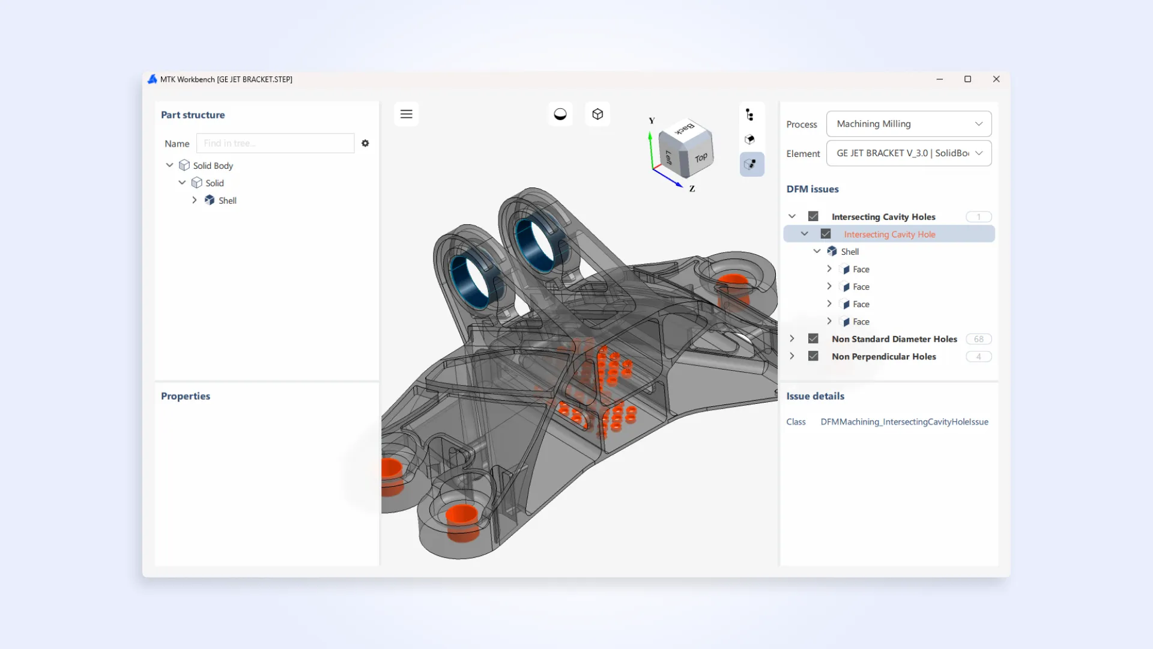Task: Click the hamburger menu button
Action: point(406,114)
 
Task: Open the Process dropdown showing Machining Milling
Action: point(909,124)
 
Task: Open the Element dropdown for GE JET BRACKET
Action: point(909,153)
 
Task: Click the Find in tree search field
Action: point(275,143)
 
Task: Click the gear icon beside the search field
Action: point(365,143)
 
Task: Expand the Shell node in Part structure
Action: point(195,200)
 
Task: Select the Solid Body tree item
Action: point(213,166)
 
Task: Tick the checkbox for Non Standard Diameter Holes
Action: point(813,339)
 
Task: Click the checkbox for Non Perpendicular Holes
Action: point(813,356)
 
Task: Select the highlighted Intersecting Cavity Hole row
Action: point(889,234)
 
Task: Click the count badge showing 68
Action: point(978,339)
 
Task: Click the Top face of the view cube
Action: point(700,158)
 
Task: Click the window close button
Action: point(996,79)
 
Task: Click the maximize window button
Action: point(967,79)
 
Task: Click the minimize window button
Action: point(939,79)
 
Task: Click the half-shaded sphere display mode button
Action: point(560,114)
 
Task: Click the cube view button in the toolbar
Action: point(597,114)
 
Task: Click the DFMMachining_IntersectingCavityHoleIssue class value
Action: point(904,422)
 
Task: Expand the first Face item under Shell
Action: point(829,269)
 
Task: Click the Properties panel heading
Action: point(186,396)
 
